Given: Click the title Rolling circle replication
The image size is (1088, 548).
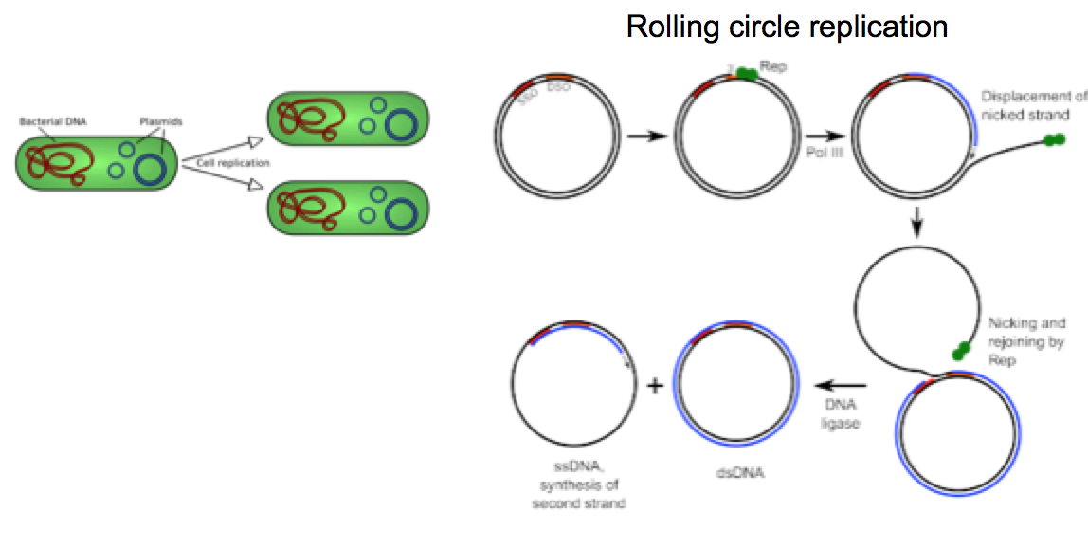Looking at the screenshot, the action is (787, 27).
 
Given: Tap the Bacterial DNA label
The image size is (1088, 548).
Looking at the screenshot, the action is (52, 121).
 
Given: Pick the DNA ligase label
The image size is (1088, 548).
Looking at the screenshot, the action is (840, 414).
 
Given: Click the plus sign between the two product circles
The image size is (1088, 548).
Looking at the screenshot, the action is (654, 386).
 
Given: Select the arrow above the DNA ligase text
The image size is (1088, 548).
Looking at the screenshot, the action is (842, 386).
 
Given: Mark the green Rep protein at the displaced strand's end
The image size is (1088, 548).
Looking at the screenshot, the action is (1054, 140).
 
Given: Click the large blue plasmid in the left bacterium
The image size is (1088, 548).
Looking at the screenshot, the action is (152, 168).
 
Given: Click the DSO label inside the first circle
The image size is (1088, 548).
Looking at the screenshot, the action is (559, 88).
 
